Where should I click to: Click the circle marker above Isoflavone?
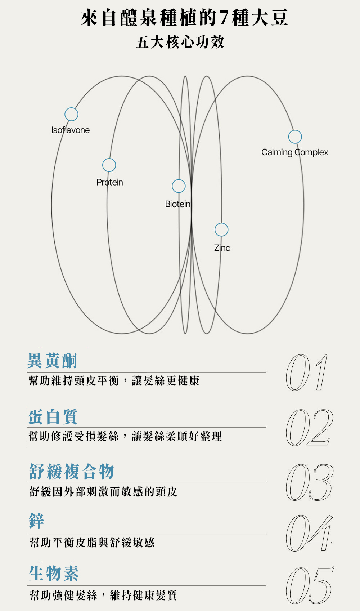[x=71, y=114]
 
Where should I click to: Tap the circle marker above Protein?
[x=109, y=165]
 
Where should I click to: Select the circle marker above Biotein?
[x=179, y=186]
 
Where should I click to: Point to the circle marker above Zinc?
[x=221, y=229]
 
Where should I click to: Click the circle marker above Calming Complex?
[x=295, y=137]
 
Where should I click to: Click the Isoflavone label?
[x=71, y=130]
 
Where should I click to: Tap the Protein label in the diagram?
[x=110, y=182]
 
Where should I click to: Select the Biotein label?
[x=177, y=204]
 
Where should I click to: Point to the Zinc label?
[x=222, y=248]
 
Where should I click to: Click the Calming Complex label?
[x=295, y=152]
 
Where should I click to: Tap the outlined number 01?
[x=307, y=373]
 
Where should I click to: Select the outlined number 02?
[x=309, y=428]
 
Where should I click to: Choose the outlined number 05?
[x=309, y=585]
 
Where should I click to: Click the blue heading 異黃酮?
[x=53, y=361]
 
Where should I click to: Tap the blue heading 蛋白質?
[x=53, y=416]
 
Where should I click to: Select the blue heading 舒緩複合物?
[x=72, y=471]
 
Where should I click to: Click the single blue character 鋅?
[x=37, y=521]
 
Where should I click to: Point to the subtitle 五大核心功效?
[x=180, y=42]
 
